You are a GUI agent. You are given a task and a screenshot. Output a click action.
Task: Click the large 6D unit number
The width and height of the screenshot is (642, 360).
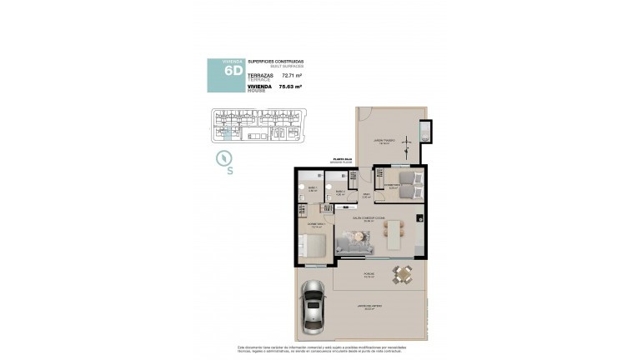[233, 71]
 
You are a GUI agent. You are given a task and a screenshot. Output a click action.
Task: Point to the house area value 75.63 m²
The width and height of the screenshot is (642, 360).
[291, 85]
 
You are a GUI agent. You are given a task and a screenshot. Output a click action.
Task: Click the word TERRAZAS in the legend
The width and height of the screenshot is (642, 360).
[261, 74]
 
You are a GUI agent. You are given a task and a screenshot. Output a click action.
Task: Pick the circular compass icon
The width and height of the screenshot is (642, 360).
[223, 157]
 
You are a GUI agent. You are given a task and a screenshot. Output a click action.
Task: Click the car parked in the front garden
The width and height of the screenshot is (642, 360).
[313, 305]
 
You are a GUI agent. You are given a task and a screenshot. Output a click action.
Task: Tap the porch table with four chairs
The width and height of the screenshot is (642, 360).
[403, 274]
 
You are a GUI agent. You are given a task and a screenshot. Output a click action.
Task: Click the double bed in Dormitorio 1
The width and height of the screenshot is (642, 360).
[313, 246]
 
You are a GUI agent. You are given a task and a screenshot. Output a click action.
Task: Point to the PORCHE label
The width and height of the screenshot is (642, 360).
[368, 272]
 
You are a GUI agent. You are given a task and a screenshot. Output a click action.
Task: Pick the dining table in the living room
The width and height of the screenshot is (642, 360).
[394, 235]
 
